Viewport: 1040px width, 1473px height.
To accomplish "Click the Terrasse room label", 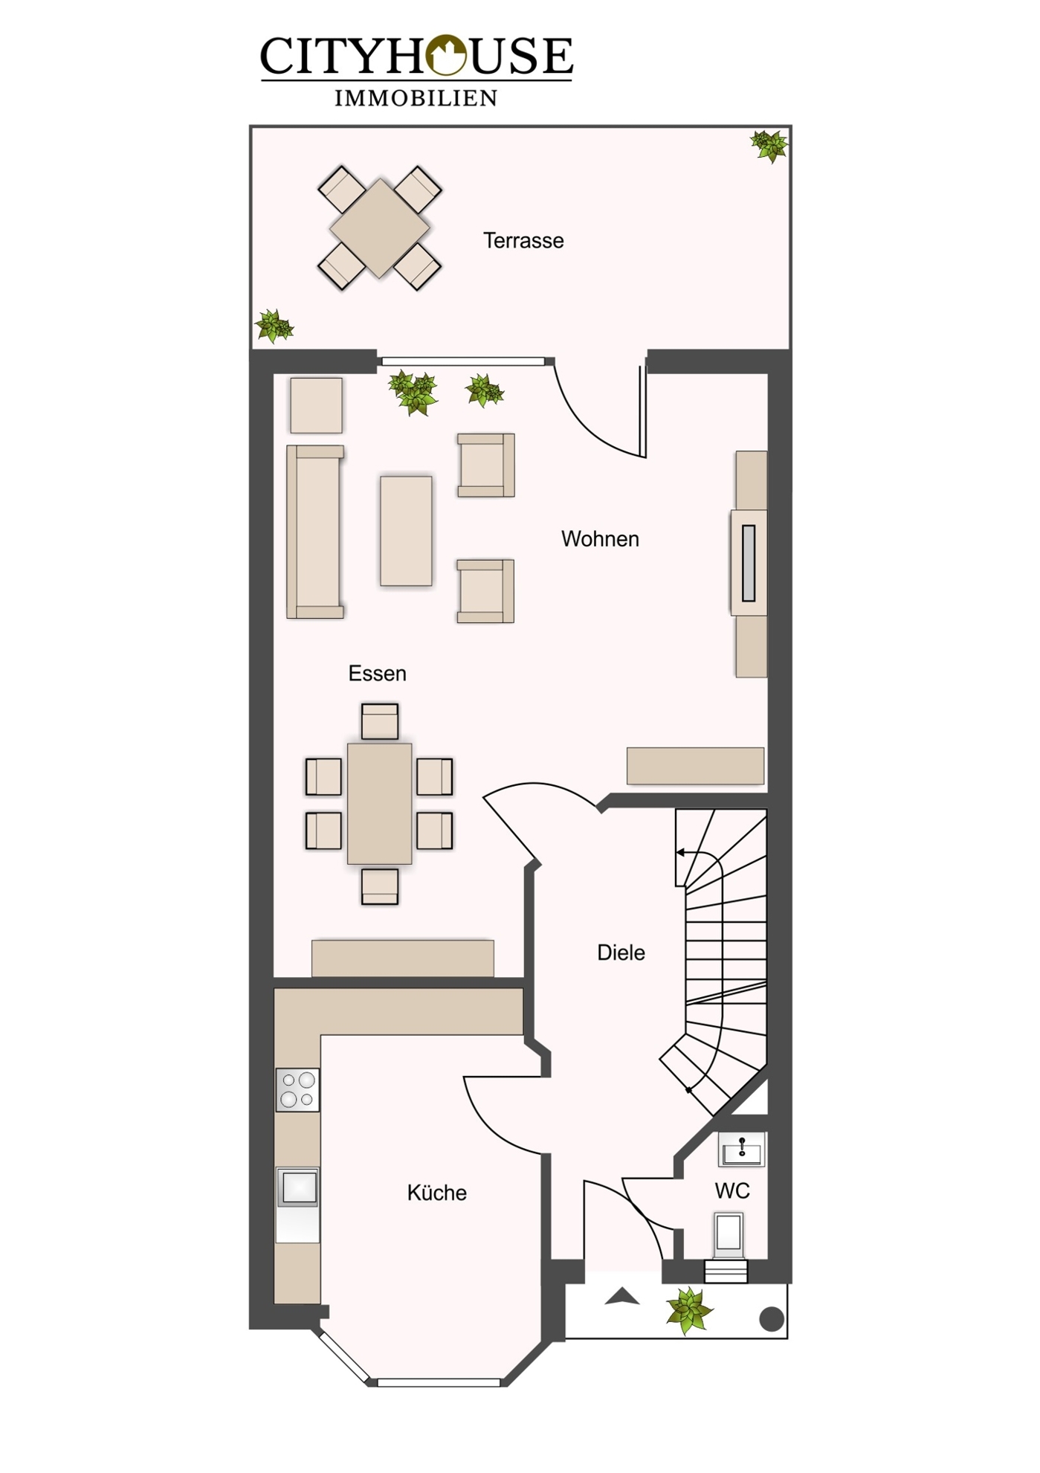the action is pyautogui.click(x=523, y=241).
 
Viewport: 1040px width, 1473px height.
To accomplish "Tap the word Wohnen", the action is pyautogui.click(x=600, y=539).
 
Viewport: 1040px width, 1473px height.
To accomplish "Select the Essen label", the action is pyautogui.click(x=378, y=674).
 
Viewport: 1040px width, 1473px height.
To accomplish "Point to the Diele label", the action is pyautogui.click(x=621, y=953).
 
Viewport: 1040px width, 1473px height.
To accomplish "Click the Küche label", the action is pyautogui.click(x=437, y=1193).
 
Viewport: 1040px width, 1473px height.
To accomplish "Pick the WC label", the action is pyautogui.click(x=732, y=1191).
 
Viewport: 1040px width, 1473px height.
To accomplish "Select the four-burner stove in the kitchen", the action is pyautogui.click(x=297, y=1089).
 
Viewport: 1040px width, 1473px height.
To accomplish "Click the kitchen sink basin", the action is pyautogui.click(x=298, y=1187).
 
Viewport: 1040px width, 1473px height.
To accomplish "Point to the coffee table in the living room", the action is pyautogui.click(x=406, y=532).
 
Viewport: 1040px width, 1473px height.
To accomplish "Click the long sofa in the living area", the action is pyautogui.click(x=315, y=532).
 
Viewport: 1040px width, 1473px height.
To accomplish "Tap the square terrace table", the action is pyautogui.click(x=380, y=228).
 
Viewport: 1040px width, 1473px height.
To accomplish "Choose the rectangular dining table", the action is pyautogui.click(x=380, y=804).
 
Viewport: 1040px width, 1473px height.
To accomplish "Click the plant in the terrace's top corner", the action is pyautogui.click(x=769, y=146).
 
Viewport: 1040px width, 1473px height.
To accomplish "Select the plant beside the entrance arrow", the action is pyautogui.click(x=689, y=1311).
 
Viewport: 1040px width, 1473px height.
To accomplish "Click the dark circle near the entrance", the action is pyautogui.click(x=772, y=1319).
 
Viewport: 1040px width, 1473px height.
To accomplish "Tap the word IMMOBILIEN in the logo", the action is pyautogui.click(x=416, y=98).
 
